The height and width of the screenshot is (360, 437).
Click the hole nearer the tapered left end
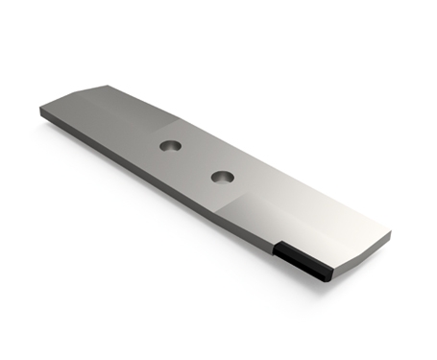[170, 145]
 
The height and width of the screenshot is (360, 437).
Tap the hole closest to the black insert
[222, 177]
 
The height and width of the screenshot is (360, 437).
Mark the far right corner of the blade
[390, 231]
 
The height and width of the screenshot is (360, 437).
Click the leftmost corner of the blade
[41, 111]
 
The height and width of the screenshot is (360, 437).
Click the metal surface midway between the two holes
[196, 161]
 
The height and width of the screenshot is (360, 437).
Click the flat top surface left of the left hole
[115, 125]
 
